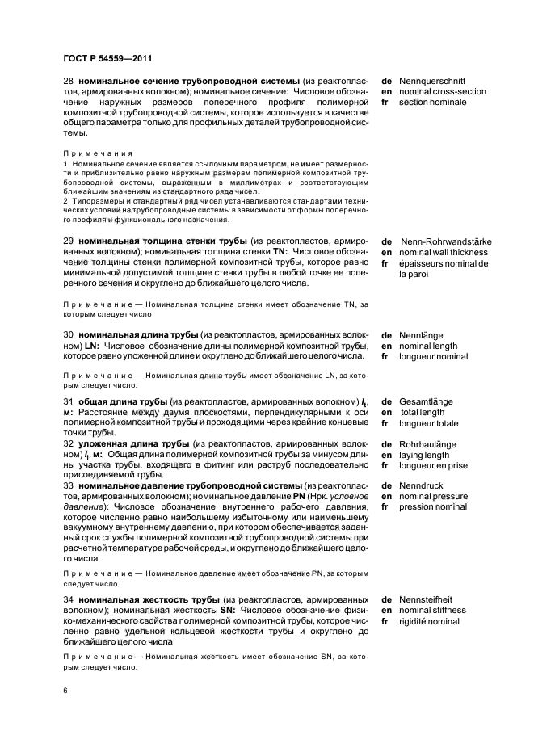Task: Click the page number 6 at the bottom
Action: (x=65, y=691)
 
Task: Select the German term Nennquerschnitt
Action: (x=432, y=81)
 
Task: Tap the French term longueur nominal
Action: (x=439, y=356)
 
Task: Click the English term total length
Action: (x=423, y=412)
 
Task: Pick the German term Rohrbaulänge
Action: (x=428, y=444)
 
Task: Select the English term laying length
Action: (x=425, y=455)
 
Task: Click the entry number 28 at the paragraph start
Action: (x=68, y=81)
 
